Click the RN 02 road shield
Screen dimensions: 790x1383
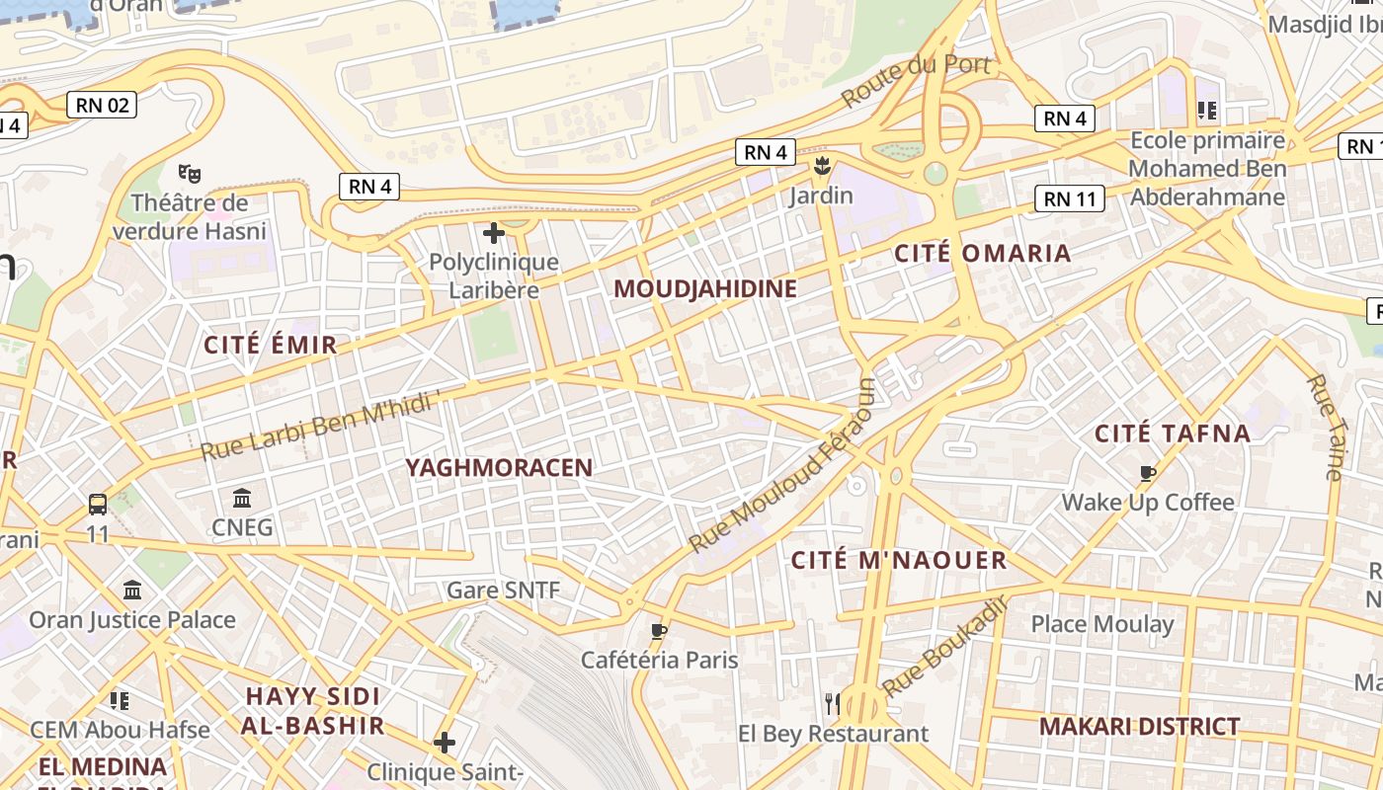pos(102,105)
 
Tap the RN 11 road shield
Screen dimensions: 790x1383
pos(1071,198)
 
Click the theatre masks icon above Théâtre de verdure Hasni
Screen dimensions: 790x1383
pos(190,174)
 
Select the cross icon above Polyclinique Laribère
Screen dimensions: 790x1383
pos(493,234)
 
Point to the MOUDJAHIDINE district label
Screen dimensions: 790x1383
pos(705,289)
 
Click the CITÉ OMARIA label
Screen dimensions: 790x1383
pos(982,253)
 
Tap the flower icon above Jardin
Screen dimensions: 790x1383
pos(820,166)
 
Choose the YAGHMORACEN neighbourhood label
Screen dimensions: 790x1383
pos(499,468)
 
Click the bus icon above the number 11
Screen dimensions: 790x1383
pos(98,505)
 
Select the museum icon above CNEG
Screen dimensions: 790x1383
pos(242,498)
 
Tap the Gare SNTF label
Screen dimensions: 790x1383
pos(503,591)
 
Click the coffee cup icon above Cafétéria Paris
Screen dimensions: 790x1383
pos(659,630)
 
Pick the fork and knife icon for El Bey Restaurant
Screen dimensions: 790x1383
pos(833,703)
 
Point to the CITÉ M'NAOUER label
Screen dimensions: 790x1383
pos(899,561)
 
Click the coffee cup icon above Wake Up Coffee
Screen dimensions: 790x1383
pos(1147,473)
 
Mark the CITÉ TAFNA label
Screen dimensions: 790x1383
pos(1173,433)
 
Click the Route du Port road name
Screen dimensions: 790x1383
pos(915,81)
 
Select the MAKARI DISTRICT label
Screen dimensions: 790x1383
pos(1139,727)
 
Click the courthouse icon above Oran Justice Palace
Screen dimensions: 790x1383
pos(131,590)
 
